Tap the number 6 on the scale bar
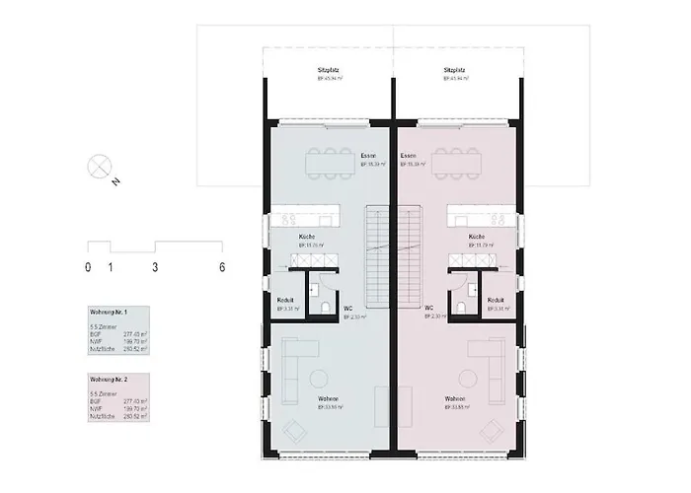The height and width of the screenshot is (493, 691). [x=222, y=267]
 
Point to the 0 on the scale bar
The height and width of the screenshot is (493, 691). [x=88, y=267]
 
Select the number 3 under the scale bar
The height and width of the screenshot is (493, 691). [x=155, y=267]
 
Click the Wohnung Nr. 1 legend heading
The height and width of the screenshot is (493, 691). [x=110, y=313]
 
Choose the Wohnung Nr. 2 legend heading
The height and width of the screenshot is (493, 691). [x=110, y=379]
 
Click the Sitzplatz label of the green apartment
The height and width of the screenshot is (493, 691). [x=328, y=71]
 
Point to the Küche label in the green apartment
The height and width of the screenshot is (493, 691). [x=307, y=238]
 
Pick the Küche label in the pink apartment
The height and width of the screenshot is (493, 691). [x=476, y=238]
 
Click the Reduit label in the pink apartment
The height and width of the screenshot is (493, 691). [x=497, y=299]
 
